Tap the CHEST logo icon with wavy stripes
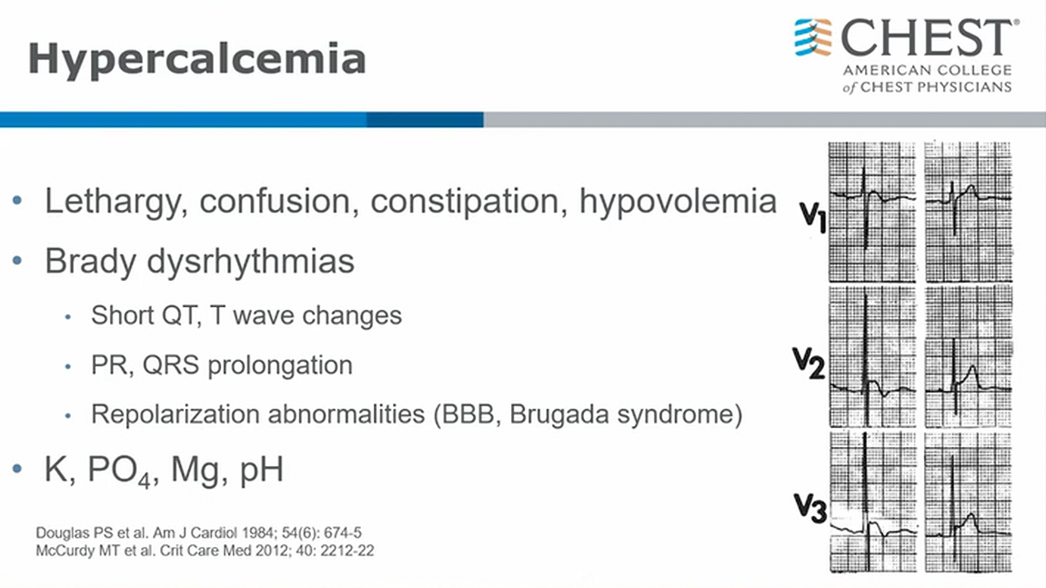812,37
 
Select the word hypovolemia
678,203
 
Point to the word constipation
464,202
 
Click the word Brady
90,262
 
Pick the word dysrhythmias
250,262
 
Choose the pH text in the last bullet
262,471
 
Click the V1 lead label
813,216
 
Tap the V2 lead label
809,364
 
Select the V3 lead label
810,508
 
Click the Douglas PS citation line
199,533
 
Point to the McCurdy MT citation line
205,551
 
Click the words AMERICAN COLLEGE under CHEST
927,70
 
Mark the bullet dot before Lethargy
17,200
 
